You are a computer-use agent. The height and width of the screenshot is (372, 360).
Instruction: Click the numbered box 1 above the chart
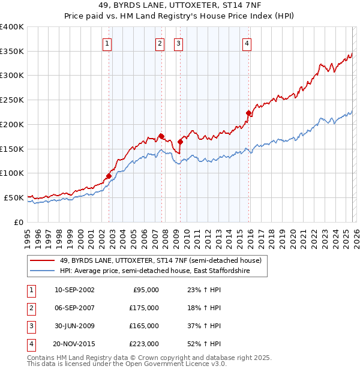pyautogui.click(x=107, y=43)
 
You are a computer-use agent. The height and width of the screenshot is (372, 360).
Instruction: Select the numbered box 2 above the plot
pyautogui.click(x=160, y=43)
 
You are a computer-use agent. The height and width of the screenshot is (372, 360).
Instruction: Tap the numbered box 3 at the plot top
pyautogui.click(x=179, y=43)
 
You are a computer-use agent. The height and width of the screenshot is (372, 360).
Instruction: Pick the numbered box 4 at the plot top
pyautogui.click(x=247, y=43)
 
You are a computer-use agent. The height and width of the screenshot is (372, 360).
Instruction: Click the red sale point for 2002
pyautogui.click(x=109, y=176)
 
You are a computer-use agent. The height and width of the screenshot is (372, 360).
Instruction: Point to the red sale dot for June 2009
pyautogui.click(x=181, y=142)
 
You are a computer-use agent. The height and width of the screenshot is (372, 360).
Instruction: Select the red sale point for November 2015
pyautogui.click(x=248, y=113)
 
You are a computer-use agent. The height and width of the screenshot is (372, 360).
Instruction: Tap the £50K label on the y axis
pyautogui.click(x=14, y=197)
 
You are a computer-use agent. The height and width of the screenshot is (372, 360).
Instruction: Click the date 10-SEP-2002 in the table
pyautogui.click(x=74, y=290)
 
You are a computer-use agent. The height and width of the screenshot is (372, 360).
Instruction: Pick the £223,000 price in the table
pyautogui.click(x=144, y=344)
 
